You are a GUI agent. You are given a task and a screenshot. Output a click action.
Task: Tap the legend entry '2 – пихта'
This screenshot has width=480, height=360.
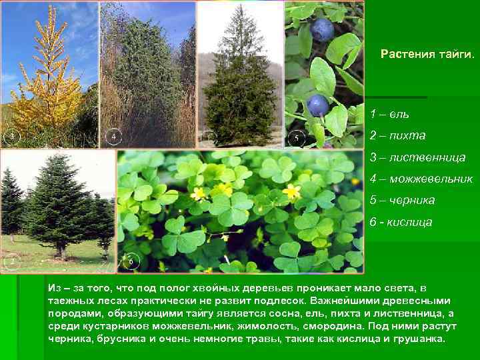pyautogui.click(x=397, y=135)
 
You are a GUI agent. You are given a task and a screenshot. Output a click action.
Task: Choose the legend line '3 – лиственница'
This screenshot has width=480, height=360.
pyautogui.click(x=417, y=157)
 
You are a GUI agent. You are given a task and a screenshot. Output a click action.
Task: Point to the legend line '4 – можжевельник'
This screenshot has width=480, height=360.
pyautogui.click(x=421, y=179)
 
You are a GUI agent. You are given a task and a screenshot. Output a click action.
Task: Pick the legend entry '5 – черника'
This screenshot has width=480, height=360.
pyautogui.click(x=402, y=200)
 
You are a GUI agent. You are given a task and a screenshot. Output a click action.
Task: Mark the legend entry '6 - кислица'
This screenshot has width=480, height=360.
pyautogui.click(x=401, y=221)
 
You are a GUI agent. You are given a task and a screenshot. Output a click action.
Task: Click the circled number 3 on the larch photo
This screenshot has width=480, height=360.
pyautogui.click(x=11, y=137)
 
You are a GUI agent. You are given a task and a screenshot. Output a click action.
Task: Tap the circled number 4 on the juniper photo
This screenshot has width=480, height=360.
pyautogui.click(x=113, y=137)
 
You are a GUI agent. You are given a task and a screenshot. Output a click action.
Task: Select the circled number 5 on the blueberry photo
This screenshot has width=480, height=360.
pyautogui.click(x=297, y=139)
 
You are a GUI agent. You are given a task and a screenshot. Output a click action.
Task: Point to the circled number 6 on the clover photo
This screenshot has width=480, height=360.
pyautogui.click(x=131, y=262)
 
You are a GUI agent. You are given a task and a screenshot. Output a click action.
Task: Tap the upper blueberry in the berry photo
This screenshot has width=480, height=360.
pyautogui.click(x=323, y=29)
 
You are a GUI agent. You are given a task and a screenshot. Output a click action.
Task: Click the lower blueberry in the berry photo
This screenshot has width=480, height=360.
pyautogui.click(x=317, y=105)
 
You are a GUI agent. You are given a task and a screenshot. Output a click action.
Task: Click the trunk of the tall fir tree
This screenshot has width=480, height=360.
pyautogui.click(x=61, y=252)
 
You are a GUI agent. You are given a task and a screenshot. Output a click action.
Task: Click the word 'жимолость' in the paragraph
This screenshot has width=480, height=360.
pyautogui.click(x=272, y=326)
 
